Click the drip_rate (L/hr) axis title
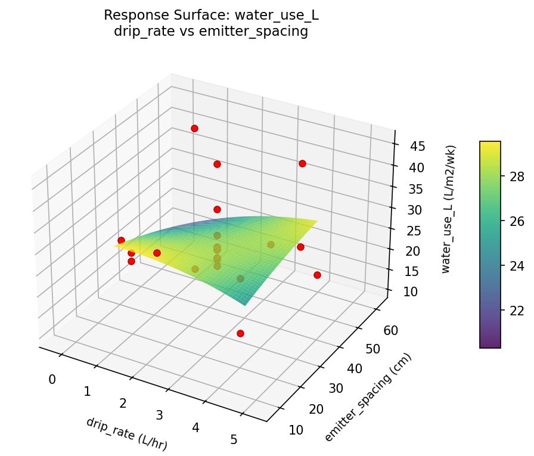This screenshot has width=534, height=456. (126, 433)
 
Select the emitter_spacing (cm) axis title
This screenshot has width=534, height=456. (368, 398)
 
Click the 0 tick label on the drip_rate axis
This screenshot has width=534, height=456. (52, 379)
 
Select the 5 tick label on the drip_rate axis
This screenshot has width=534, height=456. (234, 440)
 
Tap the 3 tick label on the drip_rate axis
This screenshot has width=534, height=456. (159, 415)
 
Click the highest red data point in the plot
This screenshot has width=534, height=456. (194, 128)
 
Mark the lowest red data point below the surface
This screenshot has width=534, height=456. (240, 333)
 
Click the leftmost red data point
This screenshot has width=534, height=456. (121, 240)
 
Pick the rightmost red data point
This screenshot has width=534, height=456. (317, 275)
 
